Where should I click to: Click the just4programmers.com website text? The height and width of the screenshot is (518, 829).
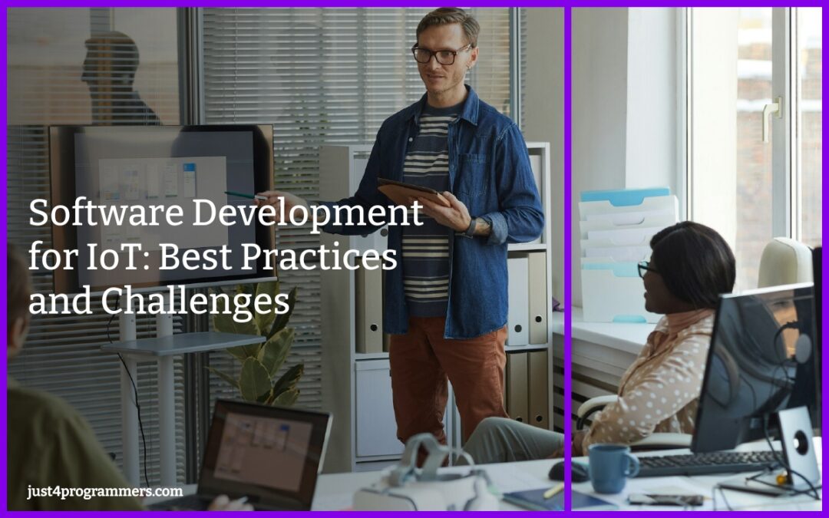[x=104, y=491]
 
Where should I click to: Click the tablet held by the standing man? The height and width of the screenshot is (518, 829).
[x=411, y=193]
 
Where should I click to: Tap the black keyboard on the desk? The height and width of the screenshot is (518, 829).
[x=706, y=463]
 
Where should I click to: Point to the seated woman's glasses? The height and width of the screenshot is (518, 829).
[x=645, y=268]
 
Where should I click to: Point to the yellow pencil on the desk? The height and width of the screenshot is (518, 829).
[x=553, y=490]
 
